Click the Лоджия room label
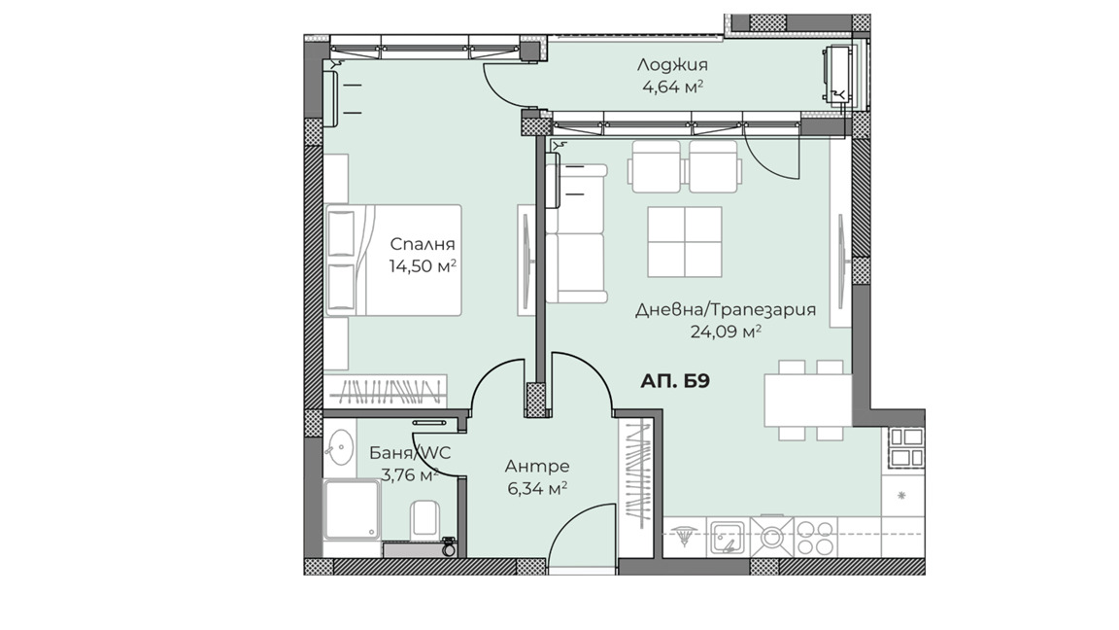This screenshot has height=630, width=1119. click(x=672, y=66)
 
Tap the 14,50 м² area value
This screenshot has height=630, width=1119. click(x=423, y=266)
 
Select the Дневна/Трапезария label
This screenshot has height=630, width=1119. click(x=725, y=310)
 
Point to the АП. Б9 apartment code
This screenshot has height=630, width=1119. click(x=674, y=381)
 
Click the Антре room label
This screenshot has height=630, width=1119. click(x=536, y=467)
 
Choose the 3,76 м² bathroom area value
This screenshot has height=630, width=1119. click(x=409, y=475)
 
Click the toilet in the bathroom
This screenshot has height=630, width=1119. click(x=424, y=518)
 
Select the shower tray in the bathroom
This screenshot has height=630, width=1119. click(x=352, y=509)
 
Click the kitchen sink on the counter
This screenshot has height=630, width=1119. click(x=728, y=537)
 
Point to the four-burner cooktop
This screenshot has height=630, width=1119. click(x=814, y=537)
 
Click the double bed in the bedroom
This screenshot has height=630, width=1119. click(x=393, y=261)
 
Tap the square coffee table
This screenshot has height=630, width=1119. click(x=685, y=241)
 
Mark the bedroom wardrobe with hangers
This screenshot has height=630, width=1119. click(x=386, y=392)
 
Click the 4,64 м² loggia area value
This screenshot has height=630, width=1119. click(x=673, y=87)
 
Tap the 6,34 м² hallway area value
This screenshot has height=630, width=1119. click(x=536, y=489)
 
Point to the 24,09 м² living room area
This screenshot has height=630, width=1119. click(x=725, y=332)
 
